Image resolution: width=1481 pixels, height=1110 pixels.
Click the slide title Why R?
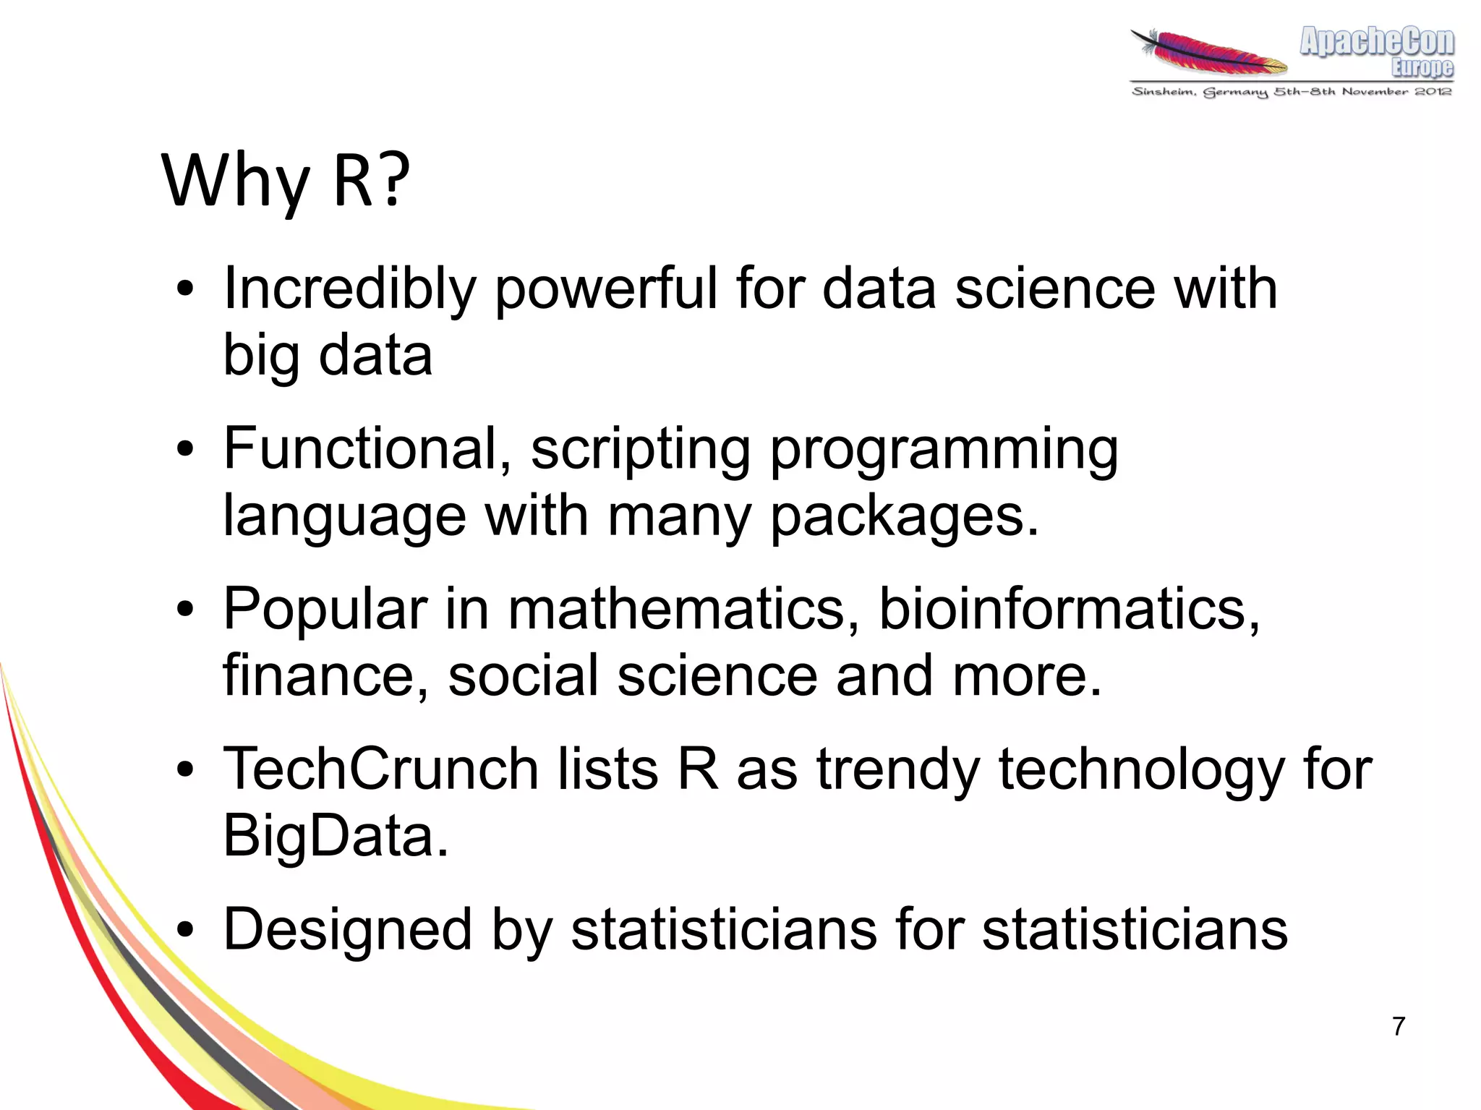click(x=286, y=181)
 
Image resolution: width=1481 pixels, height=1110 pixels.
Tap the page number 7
click(x=1399, y=1026)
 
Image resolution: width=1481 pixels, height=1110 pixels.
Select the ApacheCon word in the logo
click(x=1376, y=42)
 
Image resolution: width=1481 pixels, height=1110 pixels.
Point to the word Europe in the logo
click(x=1422, y=68)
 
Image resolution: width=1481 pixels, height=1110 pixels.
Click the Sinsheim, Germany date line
click(x=1292, y=92)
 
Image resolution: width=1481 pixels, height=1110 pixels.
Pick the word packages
click(x=904, y=518)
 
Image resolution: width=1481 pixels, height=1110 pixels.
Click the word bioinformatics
click(x=1069, y=609)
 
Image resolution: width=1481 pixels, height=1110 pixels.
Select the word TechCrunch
click(x=380, y=769)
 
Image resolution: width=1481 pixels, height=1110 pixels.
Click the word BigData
click(x=335, y=836)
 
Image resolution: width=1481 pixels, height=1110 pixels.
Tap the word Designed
click(x=347, y=930)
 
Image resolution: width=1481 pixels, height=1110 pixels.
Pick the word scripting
click(x=641, y=450)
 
